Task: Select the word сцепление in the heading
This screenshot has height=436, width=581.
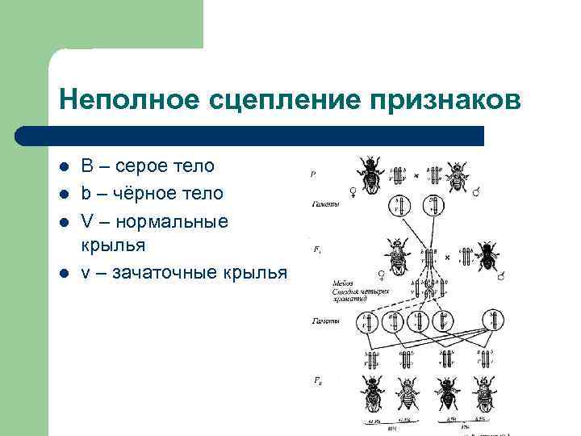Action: point(276,102)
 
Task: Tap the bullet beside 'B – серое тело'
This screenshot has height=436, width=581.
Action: point(64,167)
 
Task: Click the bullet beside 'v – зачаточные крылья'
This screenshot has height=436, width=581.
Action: point(64,274)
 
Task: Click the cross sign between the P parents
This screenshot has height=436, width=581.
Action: point(416,174)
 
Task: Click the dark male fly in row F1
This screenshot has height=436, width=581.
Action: point(487,257)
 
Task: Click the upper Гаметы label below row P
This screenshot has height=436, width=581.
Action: point(324,204)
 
